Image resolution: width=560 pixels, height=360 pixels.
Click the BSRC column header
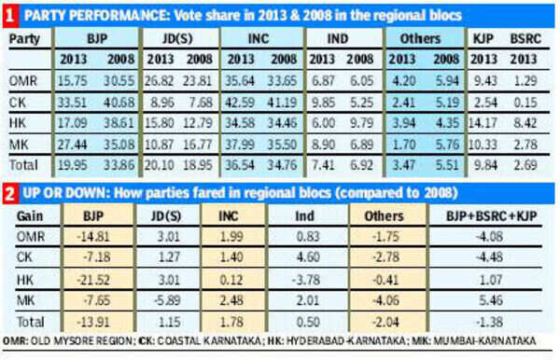tap(524, 39)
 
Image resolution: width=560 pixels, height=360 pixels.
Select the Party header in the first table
tap(25, 39)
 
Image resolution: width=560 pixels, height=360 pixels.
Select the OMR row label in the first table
tap(22, 82)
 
